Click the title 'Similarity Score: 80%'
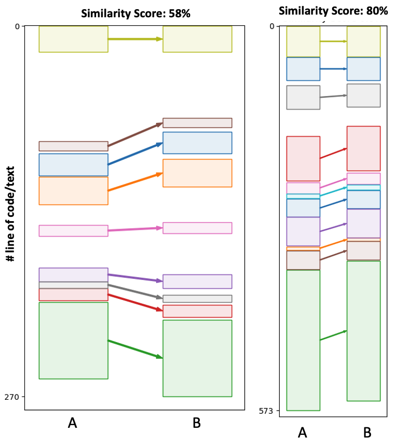(333, 10)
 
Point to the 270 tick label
(12, 397)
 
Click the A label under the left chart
(72, 423)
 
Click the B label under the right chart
(367, 432)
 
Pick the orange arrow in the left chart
(135, 182)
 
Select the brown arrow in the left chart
(135, 135)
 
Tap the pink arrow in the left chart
(135, 229)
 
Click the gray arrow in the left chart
(135, 291)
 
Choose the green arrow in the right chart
(333, 336)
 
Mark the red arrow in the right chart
(333, 153)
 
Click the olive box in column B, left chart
(197, 39)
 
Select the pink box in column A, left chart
(73, 231)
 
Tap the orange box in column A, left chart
(73, 191)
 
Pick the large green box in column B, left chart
(197, 358)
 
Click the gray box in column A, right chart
(303, 98)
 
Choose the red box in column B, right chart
(363, 148)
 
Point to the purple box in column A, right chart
(303, 231)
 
